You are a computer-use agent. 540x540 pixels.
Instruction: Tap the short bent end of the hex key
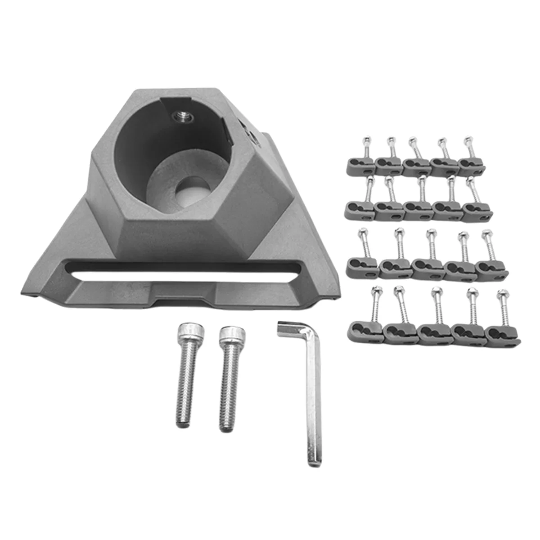[288, 328]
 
